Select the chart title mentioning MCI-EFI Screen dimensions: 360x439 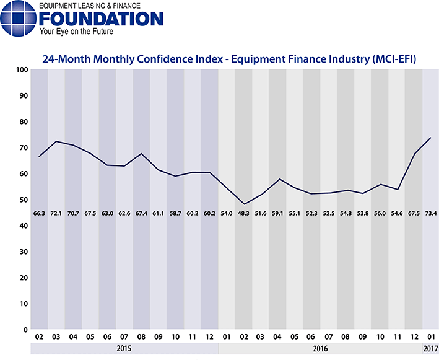[x=228, y=59]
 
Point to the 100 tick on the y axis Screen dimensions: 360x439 [x=20, y=70]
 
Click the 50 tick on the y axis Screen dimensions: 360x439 [x=22, y=200]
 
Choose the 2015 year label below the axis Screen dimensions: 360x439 [x=124, y=349]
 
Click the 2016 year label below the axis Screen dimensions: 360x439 [x=319, y=349]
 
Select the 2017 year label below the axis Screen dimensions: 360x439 [x=430, y=349]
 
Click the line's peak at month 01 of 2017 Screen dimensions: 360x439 [x=430, y=138]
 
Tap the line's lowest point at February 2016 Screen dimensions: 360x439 [x=244, y=204]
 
